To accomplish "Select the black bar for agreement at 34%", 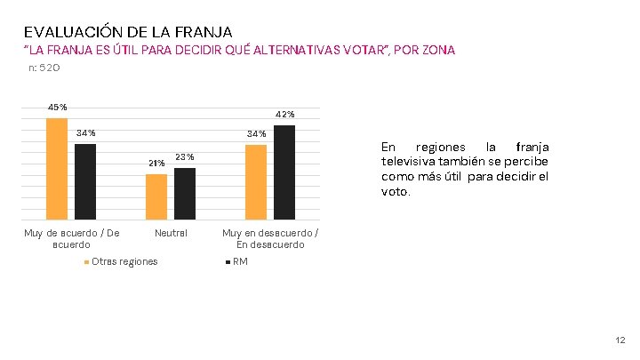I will coord(85,181).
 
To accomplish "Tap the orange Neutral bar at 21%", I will coord(156,196).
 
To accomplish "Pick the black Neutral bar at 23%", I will coord(185,193).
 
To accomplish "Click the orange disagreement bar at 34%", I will coord(256,181).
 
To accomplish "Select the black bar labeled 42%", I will coord(284,172).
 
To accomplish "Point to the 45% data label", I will coord(57,108).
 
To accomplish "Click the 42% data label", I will coord(285,115).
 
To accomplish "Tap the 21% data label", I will coord(156,164).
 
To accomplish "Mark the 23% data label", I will coord(185,157).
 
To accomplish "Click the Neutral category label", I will coord(171,233).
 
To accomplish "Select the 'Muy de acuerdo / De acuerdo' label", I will coord(72,238).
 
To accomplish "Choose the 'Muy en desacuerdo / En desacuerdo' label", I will coord(270,238).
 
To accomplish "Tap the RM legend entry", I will coord(240,261).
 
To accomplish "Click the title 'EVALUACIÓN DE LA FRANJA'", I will coord(128,32).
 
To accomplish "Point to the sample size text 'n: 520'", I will coord(44,68).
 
